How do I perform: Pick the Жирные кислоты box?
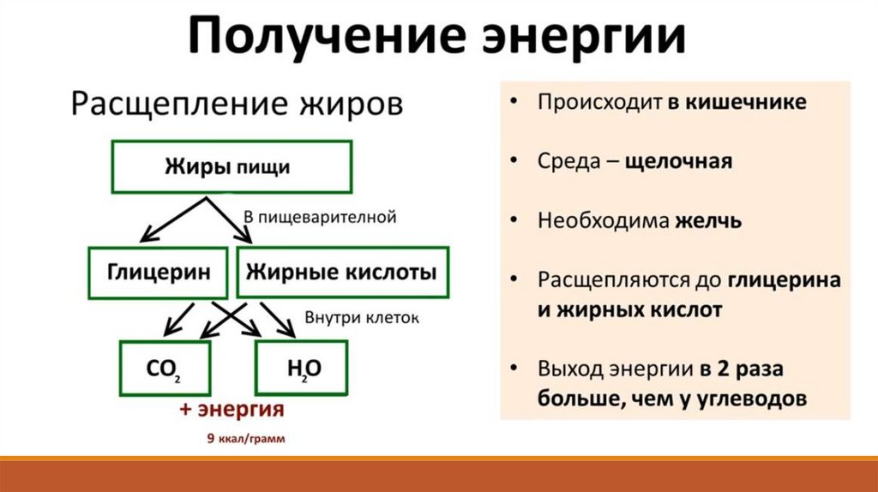coord(341,273)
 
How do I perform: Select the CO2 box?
coord(164,369)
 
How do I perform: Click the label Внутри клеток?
coord(362,318)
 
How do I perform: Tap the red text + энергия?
coord(232,410)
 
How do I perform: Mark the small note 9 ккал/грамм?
coord(232,439)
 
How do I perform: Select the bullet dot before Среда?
coord(512,161)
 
